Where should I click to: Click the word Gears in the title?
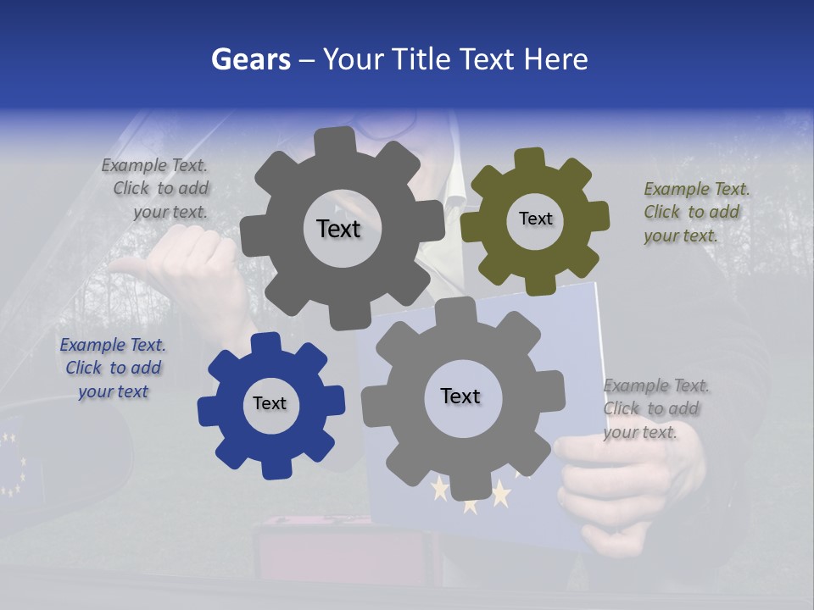250,59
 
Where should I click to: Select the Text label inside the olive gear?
535,219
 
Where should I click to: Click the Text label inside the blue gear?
270,403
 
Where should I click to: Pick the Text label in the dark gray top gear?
338,229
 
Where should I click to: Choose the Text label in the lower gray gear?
460,396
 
